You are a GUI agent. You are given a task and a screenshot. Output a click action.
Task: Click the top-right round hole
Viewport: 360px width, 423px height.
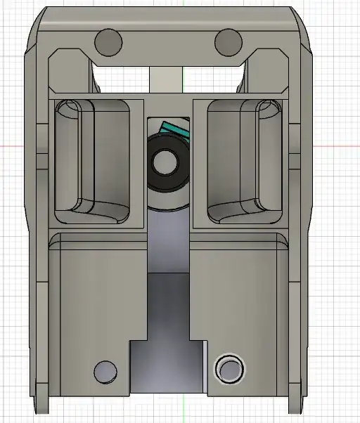tap(229, 42)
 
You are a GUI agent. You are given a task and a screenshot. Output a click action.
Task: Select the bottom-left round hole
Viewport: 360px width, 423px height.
tap(105, 370)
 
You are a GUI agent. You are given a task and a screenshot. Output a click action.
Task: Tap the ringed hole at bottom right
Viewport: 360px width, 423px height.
tap(230, 369)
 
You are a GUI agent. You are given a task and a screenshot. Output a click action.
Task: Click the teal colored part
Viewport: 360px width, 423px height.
tap(176, 130)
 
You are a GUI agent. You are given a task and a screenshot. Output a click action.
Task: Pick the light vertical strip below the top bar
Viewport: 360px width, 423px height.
tap(167, 77)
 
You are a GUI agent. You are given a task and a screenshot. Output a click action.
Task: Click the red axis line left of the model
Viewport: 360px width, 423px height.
tap(11, 146)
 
